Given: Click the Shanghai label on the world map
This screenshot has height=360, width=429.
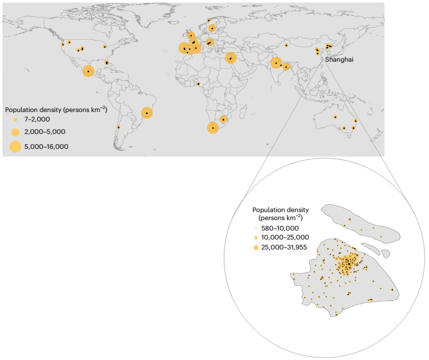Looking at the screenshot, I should pos(339,60).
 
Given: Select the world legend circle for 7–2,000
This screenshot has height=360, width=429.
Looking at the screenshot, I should pos(15,120).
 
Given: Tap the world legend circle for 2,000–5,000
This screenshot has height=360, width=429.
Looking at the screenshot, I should pos(15,132).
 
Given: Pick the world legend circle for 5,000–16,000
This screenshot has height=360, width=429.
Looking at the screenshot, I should pos(15,146).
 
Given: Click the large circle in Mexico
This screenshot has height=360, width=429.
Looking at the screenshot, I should pos(88,71).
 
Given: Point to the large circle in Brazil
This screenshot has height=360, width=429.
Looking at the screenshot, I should pos(147,113).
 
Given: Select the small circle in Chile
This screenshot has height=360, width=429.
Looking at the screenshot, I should pos(118,127).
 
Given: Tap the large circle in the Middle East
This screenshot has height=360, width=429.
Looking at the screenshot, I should pos(230,58).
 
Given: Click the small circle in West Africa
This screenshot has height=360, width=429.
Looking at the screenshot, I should pos(199,84).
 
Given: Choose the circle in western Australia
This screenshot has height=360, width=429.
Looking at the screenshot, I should pos(335,117).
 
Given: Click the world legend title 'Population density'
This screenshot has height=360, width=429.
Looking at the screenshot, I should pos(56,109).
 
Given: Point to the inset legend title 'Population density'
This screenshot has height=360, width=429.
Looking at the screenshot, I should pos(280,210).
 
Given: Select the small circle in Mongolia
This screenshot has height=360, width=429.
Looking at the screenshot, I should pos(287,45).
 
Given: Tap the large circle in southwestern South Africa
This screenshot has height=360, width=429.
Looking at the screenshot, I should pos(213,128).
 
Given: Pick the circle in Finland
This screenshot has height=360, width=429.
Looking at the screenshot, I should pos(213,28).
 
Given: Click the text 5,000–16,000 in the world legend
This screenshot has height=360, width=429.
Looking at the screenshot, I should pos(46,146).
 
